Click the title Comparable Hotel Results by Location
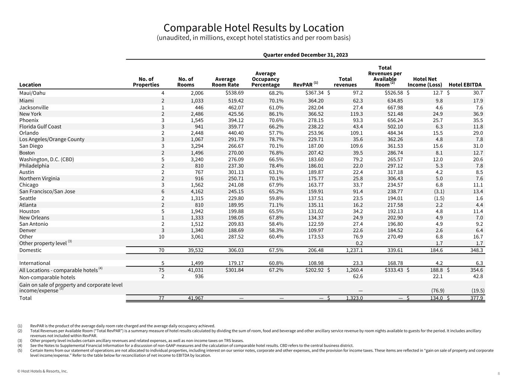point(253,28)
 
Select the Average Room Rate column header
point(225,82)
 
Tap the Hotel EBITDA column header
point(465,85)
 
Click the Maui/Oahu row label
point(32,93)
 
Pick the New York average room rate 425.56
point(236,114)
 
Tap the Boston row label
point(27,153)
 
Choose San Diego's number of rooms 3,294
point(195,146)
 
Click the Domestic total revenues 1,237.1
point(354,250)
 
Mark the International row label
point(35,263)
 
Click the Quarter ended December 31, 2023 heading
point(305,55)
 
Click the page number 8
point(499,373)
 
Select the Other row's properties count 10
point(161,237)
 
